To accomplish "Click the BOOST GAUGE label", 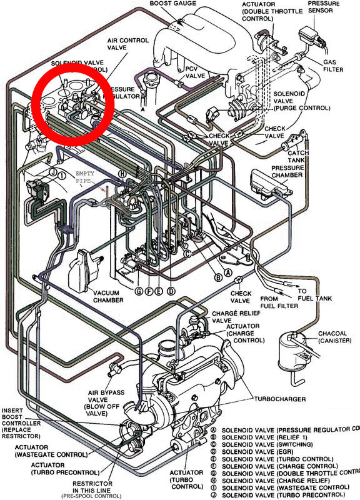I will [173, 4].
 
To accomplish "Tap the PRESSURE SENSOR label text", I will [322, 7].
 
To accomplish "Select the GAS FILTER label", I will [333, 67].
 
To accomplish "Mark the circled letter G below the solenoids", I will [139, 291].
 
